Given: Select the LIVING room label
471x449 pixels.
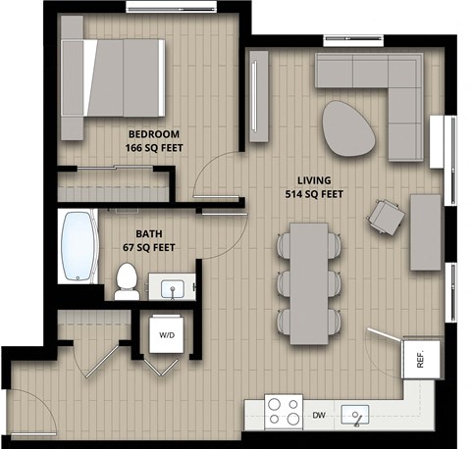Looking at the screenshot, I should coord(314,180).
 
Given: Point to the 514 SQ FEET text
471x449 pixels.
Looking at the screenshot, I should coord(314,194).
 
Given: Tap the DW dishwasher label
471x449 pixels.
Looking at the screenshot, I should coord(319,416).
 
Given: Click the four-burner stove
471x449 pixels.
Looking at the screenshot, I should coord(285,411).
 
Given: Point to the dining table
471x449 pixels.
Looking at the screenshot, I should coord(308,282).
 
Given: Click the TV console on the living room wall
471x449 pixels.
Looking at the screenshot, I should coord(258,95).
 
